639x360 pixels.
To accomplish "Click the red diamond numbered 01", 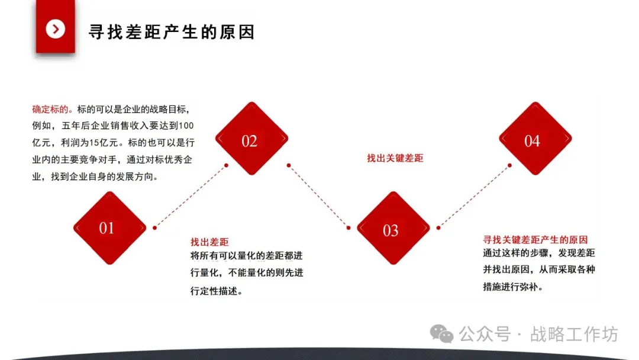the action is pyautogui.click(x=109, y=228).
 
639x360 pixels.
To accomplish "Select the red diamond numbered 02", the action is pyautogui.click(x=251, y=139).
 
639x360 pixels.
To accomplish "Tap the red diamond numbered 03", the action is pyautogui.click(x=392, y=230).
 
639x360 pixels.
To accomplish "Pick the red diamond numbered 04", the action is pyautogui.click(x=534, y=139).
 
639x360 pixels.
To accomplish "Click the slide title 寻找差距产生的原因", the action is pyautogui.click(x=172, y=31).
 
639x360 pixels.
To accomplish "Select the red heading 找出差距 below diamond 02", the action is pyautogui.click(x=209, y=242).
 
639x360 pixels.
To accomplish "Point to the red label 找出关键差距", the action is pyautogui.click(x=395, y=158).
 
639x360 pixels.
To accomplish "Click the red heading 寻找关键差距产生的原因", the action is pyautogui.click(x=535, y=240).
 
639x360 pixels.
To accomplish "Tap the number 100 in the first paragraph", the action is pyautogui.click(x=186, y=126).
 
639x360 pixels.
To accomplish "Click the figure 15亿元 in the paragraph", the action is pyautogui.click(x=104, y=143).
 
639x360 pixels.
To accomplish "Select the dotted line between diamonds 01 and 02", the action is pyautogui.click(x=191, y=196).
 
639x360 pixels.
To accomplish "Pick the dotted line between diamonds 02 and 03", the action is pyautogui.click(x=318, y=196).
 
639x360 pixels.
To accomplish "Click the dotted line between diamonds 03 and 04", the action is pyautogui.click(x=475, y=195).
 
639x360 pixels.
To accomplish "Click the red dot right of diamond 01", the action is pyautogui.click(x=154, y=227).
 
